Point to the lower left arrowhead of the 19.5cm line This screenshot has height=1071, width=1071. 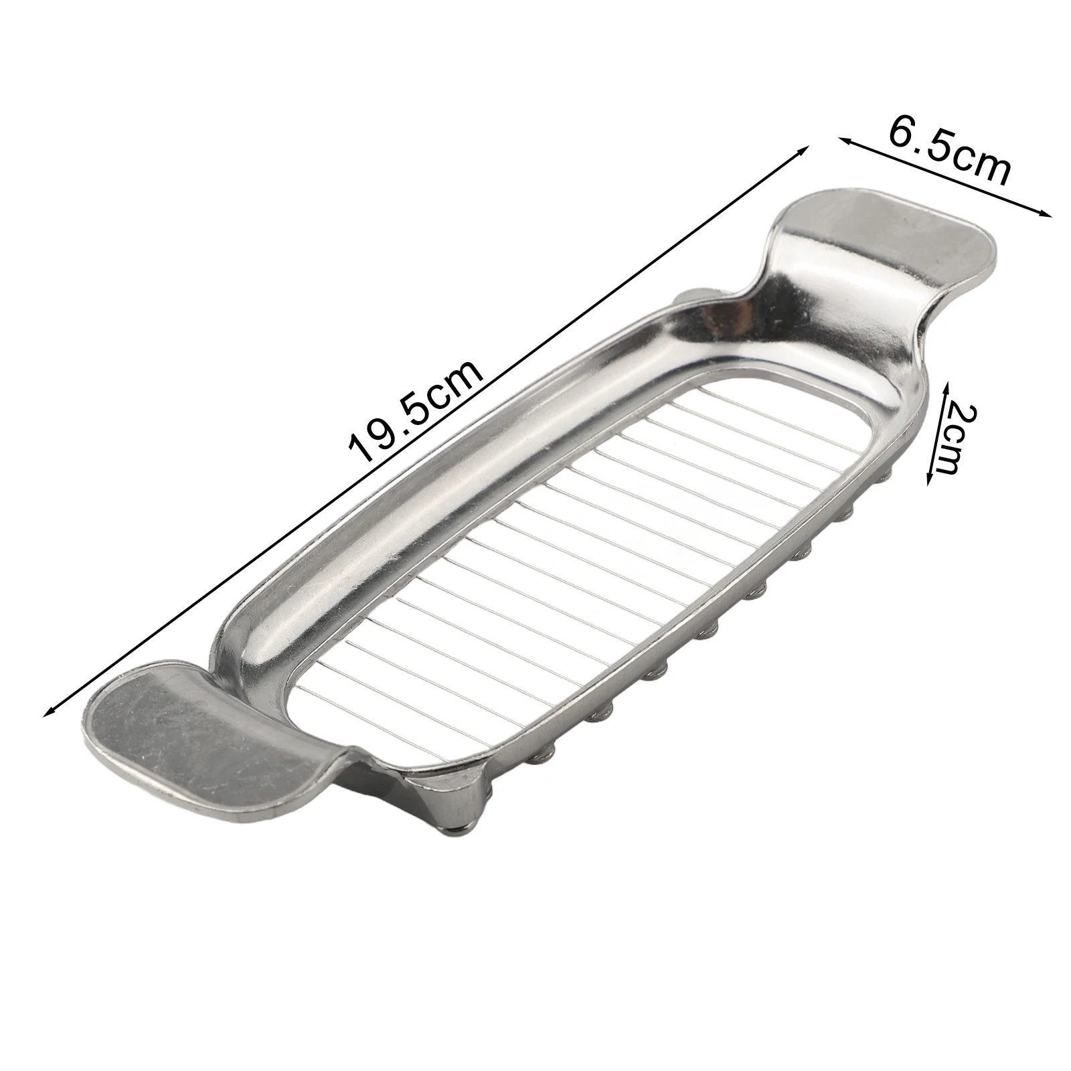coord(48,711)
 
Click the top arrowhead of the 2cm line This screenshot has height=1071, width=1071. coord(946,386)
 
